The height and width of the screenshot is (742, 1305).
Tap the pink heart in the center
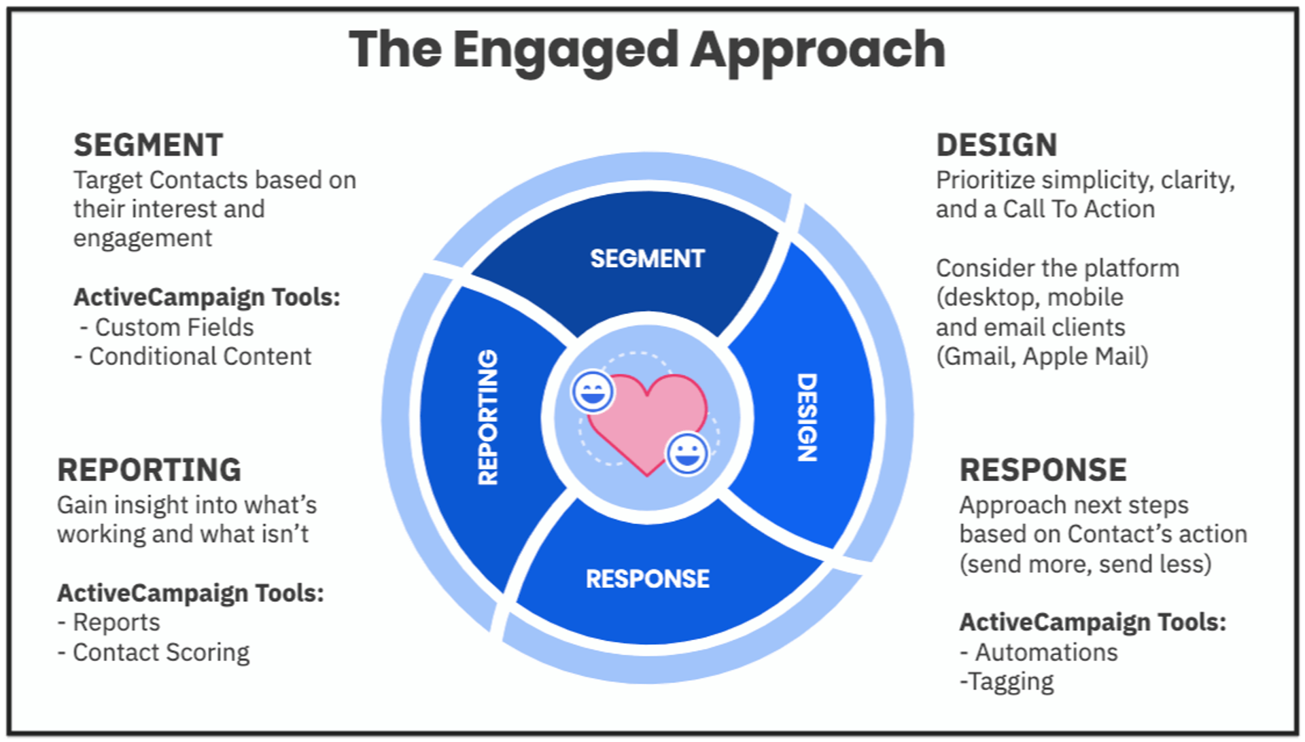(x=646, y=421)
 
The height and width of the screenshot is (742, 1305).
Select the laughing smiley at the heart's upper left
(x=593, y=391)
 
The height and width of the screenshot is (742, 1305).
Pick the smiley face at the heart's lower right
(x=687, y=453)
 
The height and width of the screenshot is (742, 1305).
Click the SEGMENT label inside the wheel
(x=647, y=259)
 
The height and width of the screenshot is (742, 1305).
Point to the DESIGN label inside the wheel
(x=807, y=417)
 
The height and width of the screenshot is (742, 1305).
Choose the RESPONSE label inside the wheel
(x=647, y=579)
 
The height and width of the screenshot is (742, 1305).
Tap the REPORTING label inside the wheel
(x=488, y=417)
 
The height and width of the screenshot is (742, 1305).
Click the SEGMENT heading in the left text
(x=148, y=145)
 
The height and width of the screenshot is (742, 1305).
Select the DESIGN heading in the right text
(x=996, y=145)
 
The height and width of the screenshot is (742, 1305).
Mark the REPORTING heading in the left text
(x=149, y=470)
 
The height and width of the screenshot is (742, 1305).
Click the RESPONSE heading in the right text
(x=1043, y=470)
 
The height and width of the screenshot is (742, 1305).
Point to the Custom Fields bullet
(x=173, y=328)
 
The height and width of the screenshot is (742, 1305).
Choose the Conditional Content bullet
(x=199, y=357)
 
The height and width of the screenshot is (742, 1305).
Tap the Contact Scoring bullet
(x=160, y=652)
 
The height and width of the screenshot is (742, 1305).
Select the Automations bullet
(x=1045, y=652)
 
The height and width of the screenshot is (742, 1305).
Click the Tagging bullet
(x=1011, y=682)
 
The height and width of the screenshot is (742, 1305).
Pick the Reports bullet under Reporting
(x=116, y=622)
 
